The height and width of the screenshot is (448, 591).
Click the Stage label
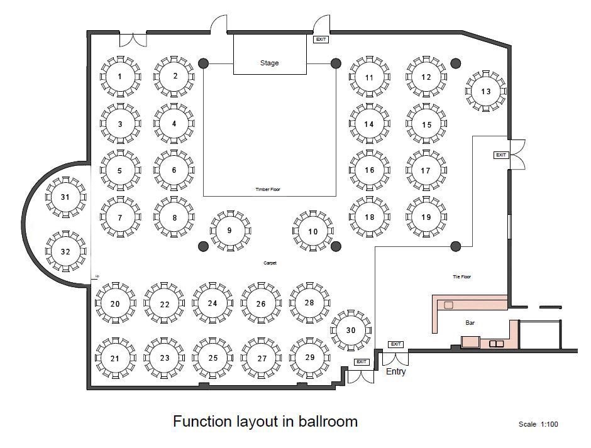click(269, 63)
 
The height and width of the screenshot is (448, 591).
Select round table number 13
click(485, 91)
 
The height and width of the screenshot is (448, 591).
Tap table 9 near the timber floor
click(229, 231)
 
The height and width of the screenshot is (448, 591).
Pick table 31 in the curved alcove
click(65, 197)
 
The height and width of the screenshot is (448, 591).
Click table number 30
click(351, 331)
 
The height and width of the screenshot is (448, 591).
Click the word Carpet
click(270, 263)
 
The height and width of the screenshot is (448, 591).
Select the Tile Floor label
click(461, 276)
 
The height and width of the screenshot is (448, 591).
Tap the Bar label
click(469, 322)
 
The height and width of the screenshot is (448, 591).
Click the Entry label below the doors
click(395, 371)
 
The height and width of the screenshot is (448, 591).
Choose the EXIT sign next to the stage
click(321, 40)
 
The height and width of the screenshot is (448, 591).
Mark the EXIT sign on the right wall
click(500, 155)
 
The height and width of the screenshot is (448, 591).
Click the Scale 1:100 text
click(538, 424)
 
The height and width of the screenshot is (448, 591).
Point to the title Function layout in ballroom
click(265, 420)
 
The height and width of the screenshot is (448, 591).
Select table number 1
click(119, 77)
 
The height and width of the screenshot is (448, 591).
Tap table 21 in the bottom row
click(115, 358)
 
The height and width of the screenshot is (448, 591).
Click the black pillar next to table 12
click(455, 63)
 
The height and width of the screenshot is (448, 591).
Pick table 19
click(426, 217)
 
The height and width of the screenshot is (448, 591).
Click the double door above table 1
click(133, 40)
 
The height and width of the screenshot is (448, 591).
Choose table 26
click(261, 303)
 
